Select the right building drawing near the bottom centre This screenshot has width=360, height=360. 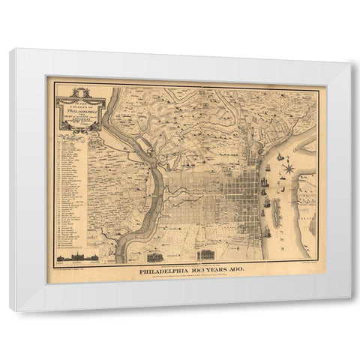210,254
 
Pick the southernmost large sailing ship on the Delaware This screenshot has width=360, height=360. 267,231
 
